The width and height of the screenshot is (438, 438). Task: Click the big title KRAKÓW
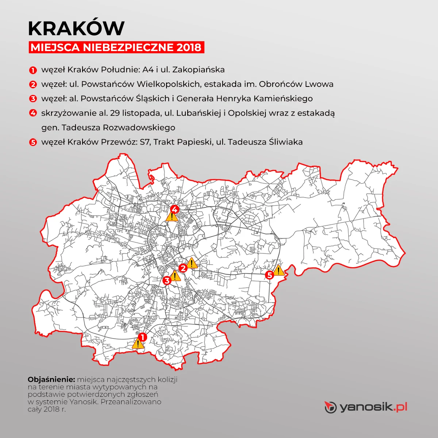[76, 28]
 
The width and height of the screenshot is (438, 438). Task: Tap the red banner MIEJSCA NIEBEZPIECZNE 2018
[116, 47]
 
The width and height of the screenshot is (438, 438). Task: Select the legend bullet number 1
[33, 70]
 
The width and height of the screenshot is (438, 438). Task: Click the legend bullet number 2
[33, 85]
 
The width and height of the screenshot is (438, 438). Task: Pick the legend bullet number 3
[33, 99]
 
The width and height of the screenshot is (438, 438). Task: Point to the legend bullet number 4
[33, 113]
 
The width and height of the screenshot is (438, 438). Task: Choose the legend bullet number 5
[33, 142]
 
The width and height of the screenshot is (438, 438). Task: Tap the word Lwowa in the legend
[319, 84]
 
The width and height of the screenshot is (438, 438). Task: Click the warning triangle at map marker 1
[138, 344]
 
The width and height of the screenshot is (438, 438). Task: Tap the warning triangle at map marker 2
[192, 263]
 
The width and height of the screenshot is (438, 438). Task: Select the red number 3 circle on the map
[167, 280]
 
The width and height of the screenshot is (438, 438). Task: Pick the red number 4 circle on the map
[175, 209]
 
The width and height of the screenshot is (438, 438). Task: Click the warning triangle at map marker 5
[279, 270]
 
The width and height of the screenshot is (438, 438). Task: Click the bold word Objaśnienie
[51, 380]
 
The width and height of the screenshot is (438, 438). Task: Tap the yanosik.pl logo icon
[330, 407]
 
